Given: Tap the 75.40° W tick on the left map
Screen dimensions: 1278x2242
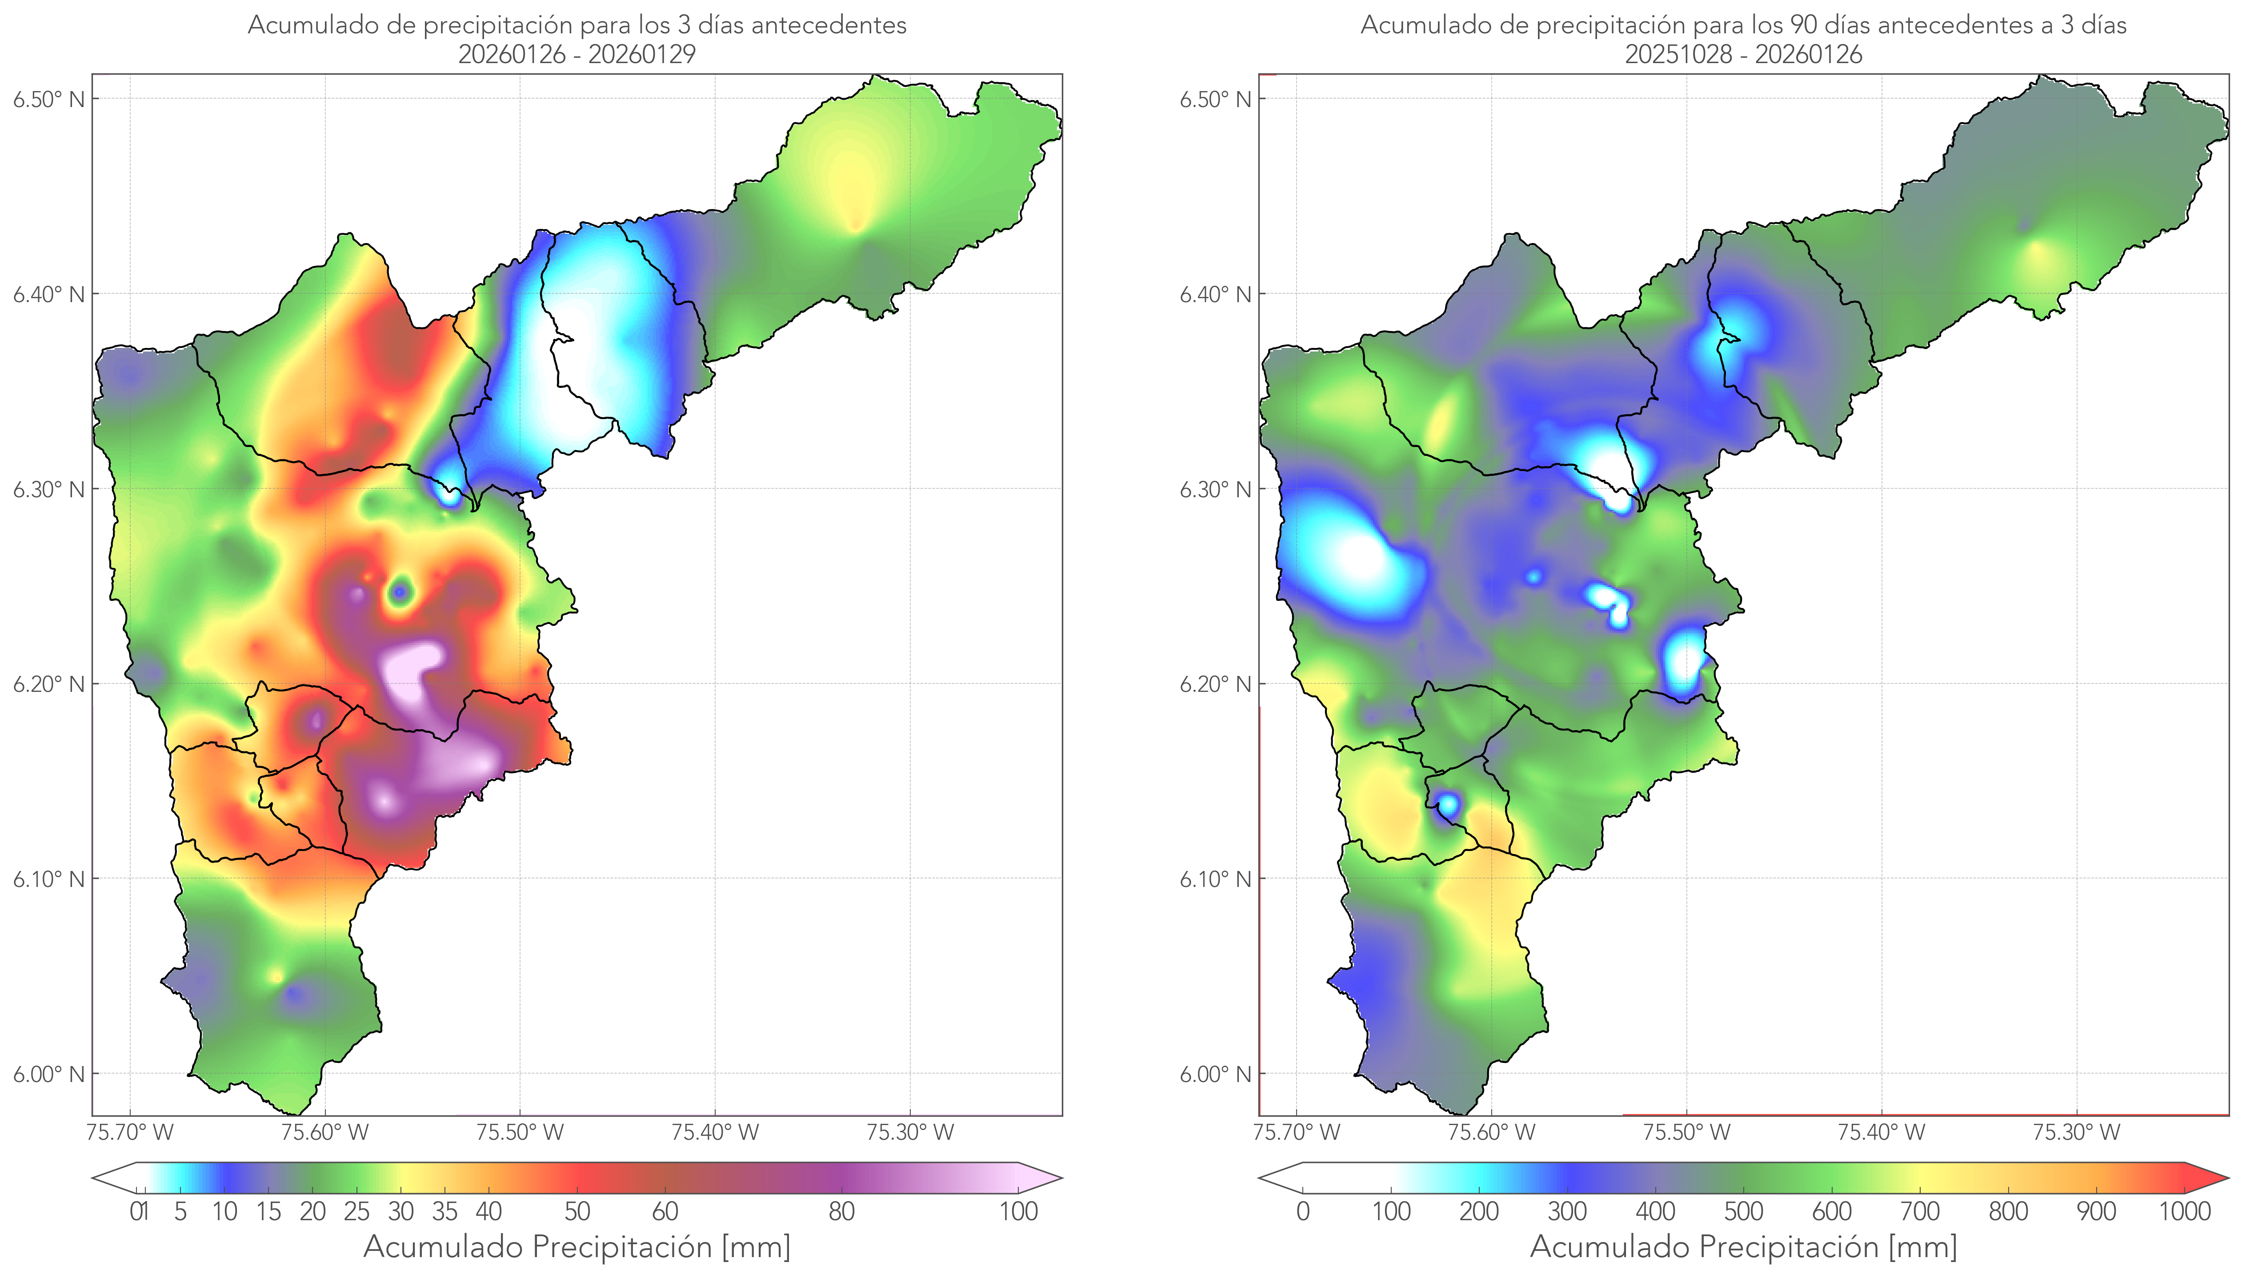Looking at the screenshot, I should point(715,1132).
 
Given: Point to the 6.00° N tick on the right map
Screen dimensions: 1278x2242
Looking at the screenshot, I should point(1215,1074).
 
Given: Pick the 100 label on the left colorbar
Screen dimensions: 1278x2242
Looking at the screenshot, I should point(1018,1211).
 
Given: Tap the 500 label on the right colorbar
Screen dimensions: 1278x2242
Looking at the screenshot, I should point(1743,1211).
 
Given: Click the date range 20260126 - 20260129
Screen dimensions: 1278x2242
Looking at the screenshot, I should point(577,54).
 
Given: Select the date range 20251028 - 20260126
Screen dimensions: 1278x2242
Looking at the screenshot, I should point(1743,54).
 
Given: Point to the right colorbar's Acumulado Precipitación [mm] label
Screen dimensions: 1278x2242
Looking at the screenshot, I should point(1743,1246).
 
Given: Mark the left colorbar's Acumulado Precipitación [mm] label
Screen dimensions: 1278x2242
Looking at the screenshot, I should point(577,1246).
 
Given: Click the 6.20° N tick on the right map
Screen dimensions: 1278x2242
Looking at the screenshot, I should point(1215,684).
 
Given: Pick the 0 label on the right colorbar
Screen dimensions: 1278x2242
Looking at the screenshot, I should point(1303,1211).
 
